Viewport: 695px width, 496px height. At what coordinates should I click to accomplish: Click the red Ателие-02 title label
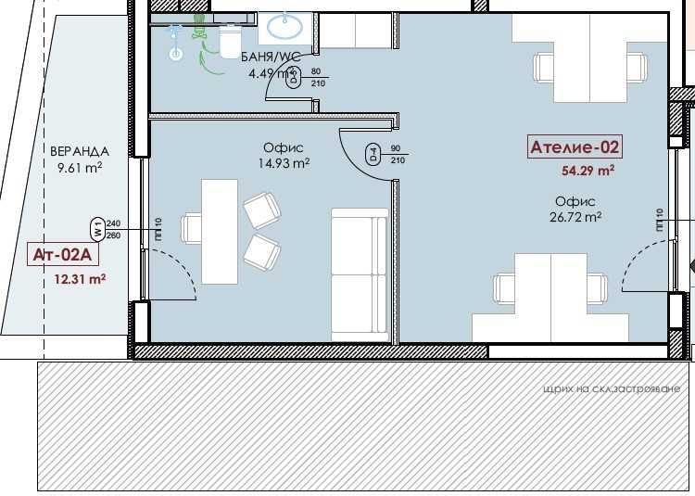[574, 146]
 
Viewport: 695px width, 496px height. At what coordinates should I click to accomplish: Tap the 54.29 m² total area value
[588, 171]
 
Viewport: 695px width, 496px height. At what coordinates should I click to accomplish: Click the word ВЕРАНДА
[82, 151]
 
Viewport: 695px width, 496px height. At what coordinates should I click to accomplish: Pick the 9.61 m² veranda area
[79, 169]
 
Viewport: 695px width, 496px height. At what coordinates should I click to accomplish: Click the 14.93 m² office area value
[284, 163]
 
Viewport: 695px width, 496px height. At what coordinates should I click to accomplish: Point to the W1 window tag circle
[95, 228]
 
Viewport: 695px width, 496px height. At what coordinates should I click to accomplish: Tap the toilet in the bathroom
[229, 40]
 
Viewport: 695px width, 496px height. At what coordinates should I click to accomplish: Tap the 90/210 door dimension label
[397, 154]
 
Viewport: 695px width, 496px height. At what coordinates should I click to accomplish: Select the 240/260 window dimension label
[114, 229]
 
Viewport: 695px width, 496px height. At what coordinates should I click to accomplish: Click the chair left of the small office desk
[192, 228]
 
